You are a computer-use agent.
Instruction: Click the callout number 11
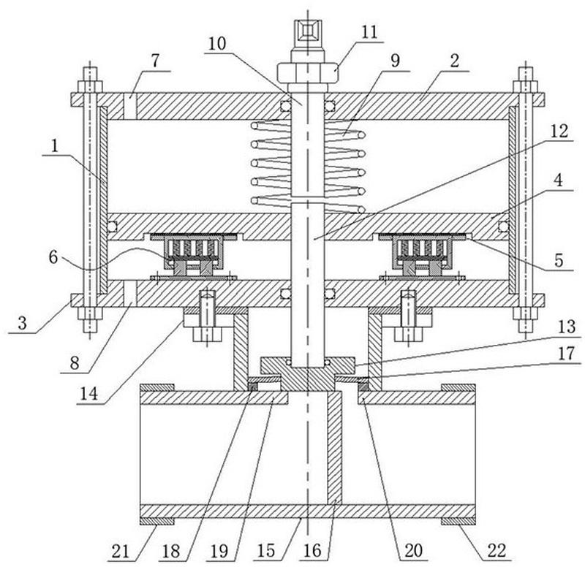tap(369, 32)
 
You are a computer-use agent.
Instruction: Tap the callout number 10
tap(217, 44)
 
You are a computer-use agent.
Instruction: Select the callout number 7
tap(156, 61)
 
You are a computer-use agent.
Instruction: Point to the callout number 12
tap(559, 132)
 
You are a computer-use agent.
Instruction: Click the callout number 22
tap(497, 550)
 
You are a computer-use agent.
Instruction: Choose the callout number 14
tap(88, 394)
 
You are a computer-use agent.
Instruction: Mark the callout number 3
tap(22, 322)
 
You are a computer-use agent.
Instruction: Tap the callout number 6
tap(53, 257)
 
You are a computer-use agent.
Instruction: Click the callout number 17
tap(566, 353)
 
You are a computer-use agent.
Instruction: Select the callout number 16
tap(312, 551)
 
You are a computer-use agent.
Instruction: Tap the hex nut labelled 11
tap(308, 72)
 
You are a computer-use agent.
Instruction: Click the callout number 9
tap(395, 60)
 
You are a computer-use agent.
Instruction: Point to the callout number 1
tap(55, 146)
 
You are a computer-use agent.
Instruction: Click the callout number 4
tap(558, 180)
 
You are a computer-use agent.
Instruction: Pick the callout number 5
tap(559, 260)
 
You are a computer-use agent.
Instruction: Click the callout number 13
tap(567, 327)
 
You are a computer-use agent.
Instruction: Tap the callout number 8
tap(75, 362)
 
